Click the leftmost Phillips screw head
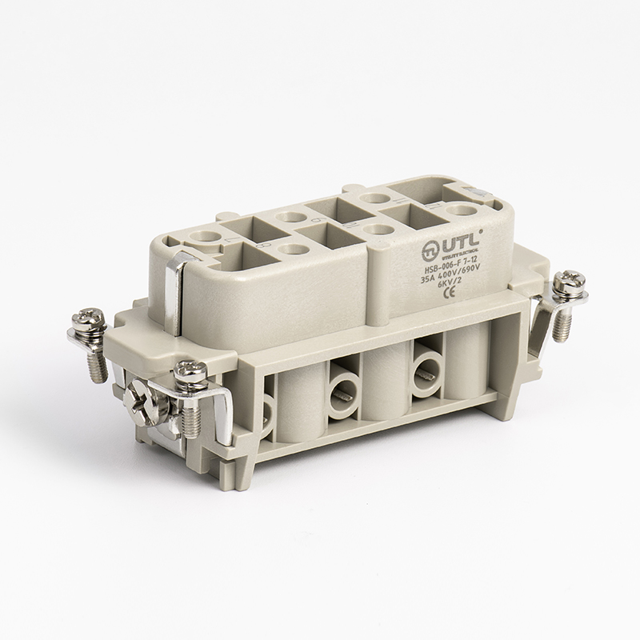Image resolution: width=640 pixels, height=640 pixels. coord(82,322)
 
